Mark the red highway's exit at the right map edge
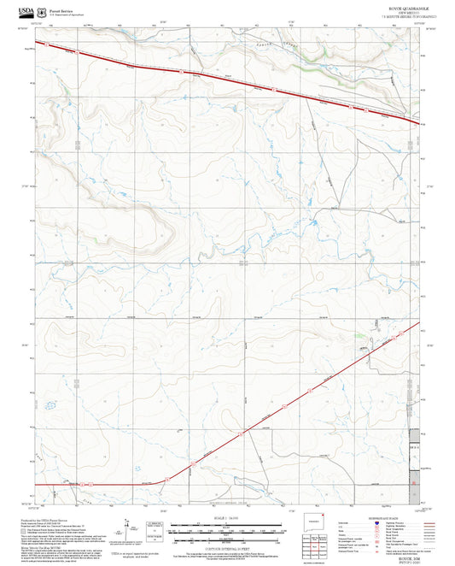[419, 123]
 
